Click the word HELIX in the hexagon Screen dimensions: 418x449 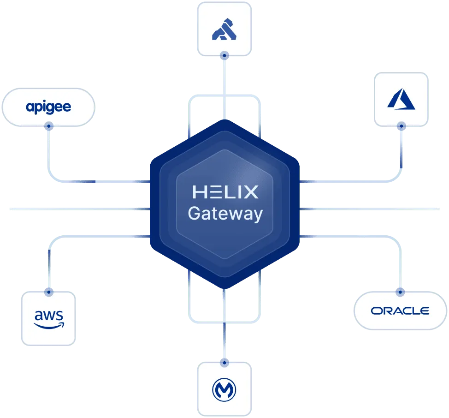[225, 192]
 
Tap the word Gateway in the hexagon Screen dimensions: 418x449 [225, 215]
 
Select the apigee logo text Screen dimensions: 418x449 [48, 107]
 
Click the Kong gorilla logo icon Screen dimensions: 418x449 [224, 30]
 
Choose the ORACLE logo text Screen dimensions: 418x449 [400, 311]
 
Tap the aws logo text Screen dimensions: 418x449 [49, 316]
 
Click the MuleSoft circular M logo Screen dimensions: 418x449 [224, 390]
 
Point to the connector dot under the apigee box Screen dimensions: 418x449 [48, 125]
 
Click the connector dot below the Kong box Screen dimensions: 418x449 [224, 56]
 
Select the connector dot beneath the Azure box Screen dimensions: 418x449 [401, 125]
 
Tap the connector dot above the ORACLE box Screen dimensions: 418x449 [400, 292]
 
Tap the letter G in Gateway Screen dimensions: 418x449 [195, 214]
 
